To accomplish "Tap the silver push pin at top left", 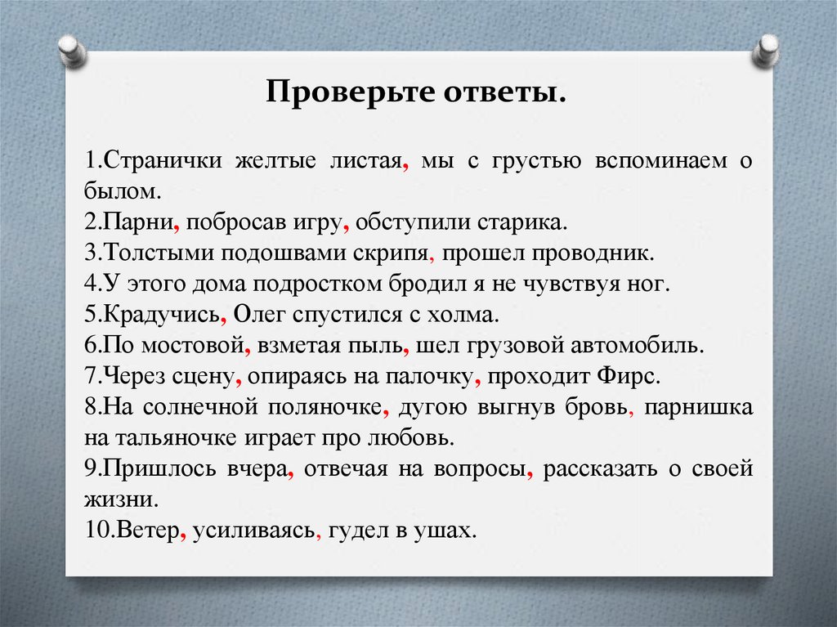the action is pos(72,52).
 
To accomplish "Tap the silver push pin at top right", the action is pos(765,52).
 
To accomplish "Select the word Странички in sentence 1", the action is pos(162,160).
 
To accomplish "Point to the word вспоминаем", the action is pos(660,160).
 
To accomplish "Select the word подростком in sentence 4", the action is pos(318,284).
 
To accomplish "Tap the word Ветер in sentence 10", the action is pos(147,531).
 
